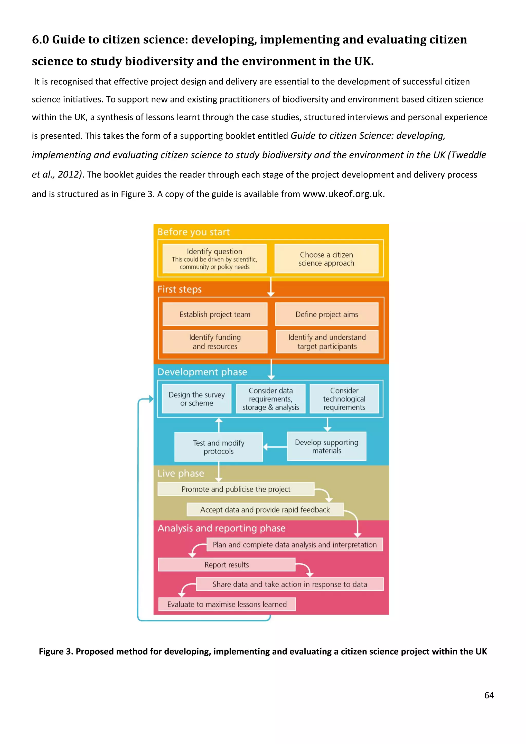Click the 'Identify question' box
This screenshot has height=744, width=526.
(214, 259)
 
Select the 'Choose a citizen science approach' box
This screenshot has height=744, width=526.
(326, 259)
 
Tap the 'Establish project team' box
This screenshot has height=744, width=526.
(215, 314)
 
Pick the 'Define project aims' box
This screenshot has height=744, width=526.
(326, 314)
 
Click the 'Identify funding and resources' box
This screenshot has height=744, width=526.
(215, 341)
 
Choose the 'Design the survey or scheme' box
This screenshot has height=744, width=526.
(196, 399)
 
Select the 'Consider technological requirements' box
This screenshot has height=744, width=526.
(344, 399)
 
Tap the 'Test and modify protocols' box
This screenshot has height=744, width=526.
(219, 447)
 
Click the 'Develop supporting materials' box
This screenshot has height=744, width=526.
(326, 446)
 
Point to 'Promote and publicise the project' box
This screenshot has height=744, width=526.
(236, 489)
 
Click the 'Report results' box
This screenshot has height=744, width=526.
(227, 565)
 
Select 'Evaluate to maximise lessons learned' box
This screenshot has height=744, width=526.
(227, 604)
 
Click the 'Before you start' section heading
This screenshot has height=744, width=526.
(194, 232)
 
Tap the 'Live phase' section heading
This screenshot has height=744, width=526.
(181, 473)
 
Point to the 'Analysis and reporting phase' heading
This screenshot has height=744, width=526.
(222, 528)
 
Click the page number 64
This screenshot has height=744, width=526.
(489, 695)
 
